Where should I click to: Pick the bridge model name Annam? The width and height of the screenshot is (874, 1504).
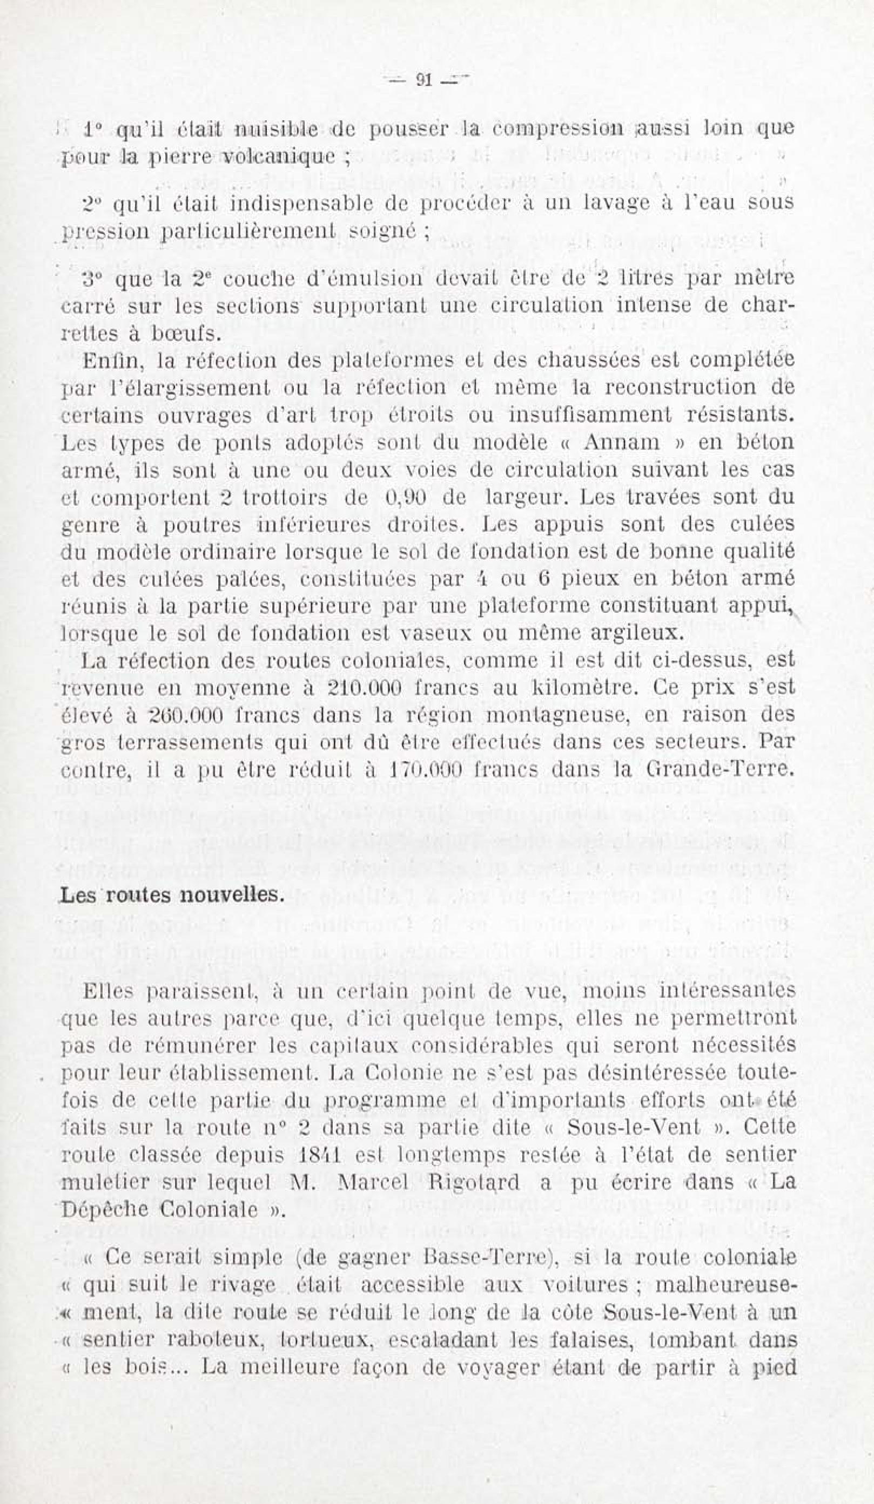click(x=623, y=442)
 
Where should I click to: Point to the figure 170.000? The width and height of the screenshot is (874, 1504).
click(x=425, y=770)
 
